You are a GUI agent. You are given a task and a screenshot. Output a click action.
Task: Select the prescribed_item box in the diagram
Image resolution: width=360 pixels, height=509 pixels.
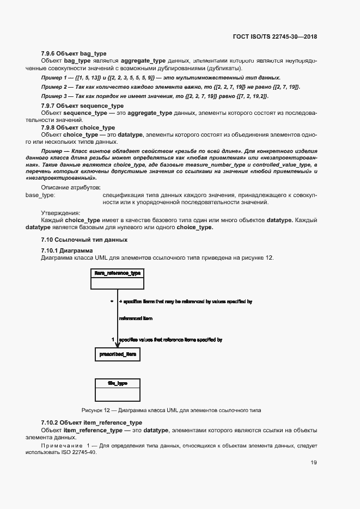point(117,354)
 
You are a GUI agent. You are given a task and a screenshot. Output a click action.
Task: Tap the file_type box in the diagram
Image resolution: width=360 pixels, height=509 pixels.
point(117,389)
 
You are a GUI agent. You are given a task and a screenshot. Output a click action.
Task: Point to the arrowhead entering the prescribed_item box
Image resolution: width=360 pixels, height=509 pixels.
point(118,345)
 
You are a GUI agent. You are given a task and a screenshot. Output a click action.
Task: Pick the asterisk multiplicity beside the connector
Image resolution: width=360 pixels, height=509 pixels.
point(112,301)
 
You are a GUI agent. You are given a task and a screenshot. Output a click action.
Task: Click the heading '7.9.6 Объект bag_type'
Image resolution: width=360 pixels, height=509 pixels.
point(74,53)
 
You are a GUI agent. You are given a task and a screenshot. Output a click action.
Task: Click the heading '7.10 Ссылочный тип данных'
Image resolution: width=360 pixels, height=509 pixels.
point(84,240)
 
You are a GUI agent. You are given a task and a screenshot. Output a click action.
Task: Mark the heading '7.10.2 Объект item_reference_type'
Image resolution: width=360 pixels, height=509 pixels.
point(91,422)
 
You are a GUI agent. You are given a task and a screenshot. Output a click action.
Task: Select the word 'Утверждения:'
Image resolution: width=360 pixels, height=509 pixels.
point(60,212)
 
